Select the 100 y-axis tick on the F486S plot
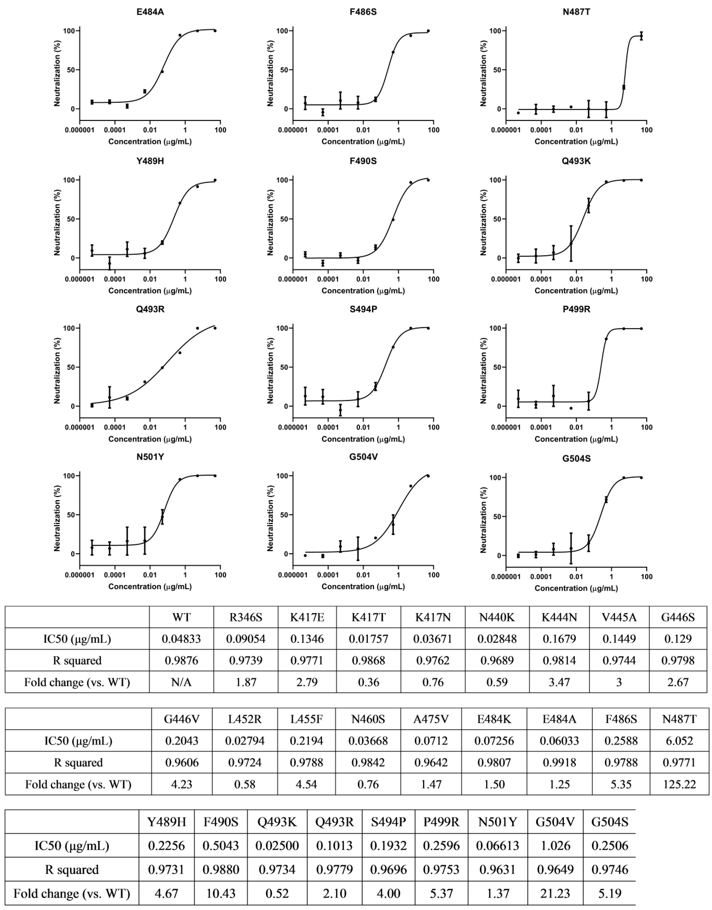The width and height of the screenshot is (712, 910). pyautogui.click(x=283, y=31)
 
